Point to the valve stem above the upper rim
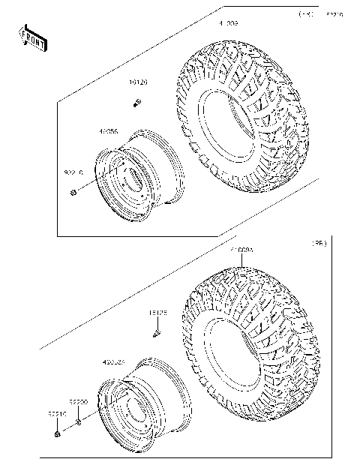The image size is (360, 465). [x=139, y=102]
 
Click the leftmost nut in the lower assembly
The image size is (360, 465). [x=58, y=433]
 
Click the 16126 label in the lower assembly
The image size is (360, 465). [x=157, y=312]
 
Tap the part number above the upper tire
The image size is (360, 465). [x=228, y=25]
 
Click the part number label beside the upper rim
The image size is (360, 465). [x=108, y=131]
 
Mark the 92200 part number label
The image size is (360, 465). [x=79, y=402]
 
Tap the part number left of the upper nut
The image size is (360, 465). [x=73, y=172]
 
